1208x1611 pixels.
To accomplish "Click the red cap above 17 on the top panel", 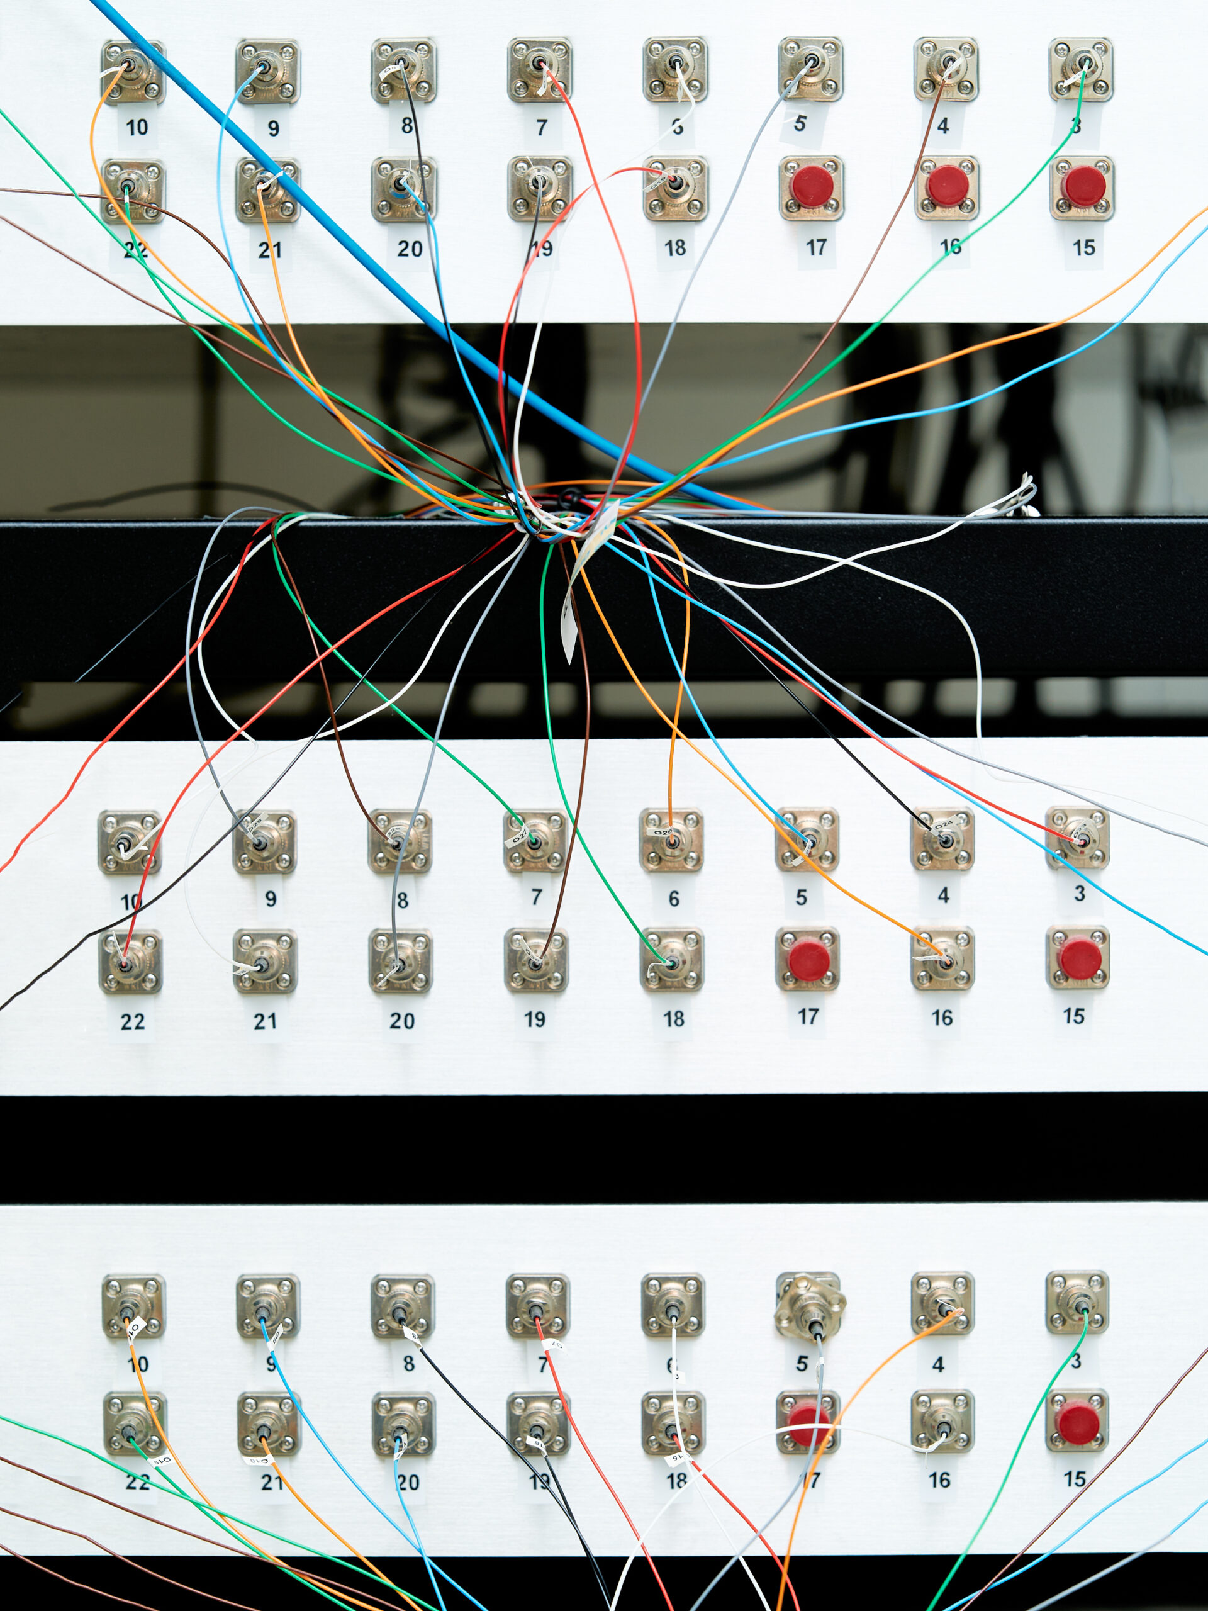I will [x=812, y=186].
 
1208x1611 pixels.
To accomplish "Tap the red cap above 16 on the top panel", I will [x=947, y=186].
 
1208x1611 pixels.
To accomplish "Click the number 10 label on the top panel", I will [x=137, y=128].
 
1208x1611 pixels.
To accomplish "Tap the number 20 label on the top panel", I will [x=409, y=249].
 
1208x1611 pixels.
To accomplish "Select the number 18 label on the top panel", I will [x=675, y=249].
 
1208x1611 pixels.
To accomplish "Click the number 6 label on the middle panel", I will [x=674, y=899].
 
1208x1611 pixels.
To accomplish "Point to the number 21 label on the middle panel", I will [x=265, y=1022].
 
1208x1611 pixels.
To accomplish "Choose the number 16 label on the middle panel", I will [x=941, y=1018].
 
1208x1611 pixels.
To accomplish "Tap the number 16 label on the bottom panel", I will [x=939, y=1480].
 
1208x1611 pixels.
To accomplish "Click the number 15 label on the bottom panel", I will [x=1075, y=1479].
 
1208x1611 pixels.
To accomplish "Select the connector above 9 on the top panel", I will [x=267, y=71].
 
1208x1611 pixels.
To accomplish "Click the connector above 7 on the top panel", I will [x=540, y=70].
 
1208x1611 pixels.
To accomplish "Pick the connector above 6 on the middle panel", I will [x=671, y=839].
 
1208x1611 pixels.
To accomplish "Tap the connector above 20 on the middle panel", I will [x=401, y=962].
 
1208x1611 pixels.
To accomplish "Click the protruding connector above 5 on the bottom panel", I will [x=809, y=1312].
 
